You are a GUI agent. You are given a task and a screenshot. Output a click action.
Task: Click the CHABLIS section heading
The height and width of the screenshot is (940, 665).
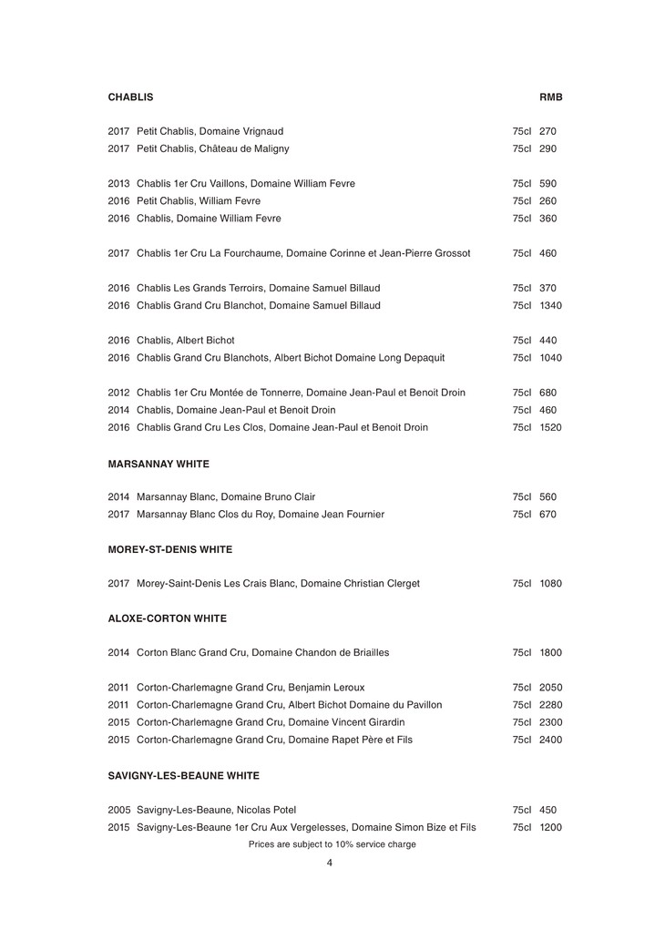click(130, 97)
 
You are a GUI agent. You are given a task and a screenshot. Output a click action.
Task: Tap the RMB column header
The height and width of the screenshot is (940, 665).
click(550, 97)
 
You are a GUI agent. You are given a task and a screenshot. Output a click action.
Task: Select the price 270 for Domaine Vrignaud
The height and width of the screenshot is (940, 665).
click(547, 131)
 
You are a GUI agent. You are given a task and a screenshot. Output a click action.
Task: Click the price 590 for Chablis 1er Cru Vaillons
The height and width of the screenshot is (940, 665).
click(547, 183)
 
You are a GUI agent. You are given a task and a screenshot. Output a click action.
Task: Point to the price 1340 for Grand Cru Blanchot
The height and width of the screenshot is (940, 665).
click(550, 305)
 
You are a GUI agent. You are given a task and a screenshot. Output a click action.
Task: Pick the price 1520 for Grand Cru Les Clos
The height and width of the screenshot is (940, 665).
click(550, 427)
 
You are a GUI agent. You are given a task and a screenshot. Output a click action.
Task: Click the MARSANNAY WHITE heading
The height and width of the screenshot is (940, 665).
click(159, 464)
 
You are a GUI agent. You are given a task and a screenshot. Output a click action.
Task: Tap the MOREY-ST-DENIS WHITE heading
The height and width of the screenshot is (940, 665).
click(169, 549)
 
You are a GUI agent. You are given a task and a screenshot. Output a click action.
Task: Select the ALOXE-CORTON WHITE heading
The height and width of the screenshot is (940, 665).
click(167, 618)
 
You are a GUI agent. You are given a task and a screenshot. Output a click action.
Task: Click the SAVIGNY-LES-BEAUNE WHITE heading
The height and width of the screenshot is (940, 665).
click(183, 775)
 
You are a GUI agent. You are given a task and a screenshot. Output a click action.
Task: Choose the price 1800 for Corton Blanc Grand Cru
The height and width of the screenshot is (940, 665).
click(550, 653)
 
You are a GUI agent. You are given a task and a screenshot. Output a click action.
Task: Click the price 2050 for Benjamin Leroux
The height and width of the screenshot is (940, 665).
click(550, 688)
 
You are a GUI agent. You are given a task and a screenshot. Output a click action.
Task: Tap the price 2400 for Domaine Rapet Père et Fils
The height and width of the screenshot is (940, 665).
click(550, 740)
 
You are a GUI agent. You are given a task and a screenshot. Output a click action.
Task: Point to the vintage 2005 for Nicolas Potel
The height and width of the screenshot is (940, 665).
click(119, 809)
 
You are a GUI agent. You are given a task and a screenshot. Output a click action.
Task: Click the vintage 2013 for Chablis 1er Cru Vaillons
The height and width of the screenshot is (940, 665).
click(119, 183)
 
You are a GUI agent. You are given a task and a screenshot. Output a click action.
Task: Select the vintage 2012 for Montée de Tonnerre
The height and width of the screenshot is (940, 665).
click(119, 393)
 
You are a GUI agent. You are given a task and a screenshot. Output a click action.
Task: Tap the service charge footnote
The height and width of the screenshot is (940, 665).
click(332, 844)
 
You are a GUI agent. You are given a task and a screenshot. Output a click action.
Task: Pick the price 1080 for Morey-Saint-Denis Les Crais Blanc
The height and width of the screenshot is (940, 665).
click(550, 583)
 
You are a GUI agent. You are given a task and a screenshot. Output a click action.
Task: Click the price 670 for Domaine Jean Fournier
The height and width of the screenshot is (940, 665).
click(547, 515)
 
